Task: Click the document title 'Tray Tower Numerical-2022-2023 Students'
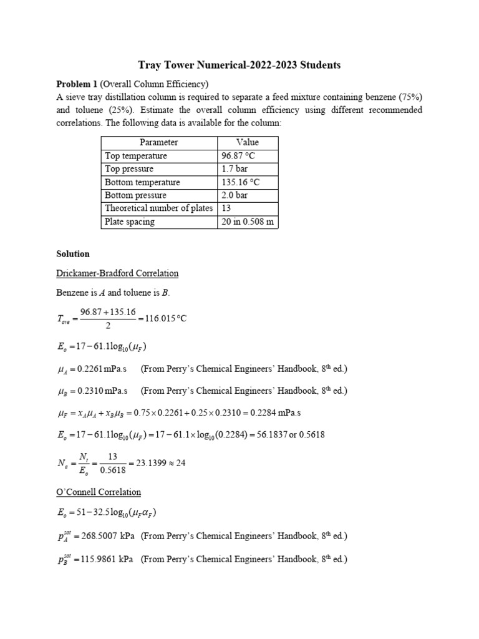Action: [239, 65]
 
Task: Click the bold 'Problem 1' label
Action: [77, 84]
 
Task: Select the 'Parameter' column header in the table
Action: [158, 142]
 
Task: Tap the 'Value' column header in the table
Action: [248, 142]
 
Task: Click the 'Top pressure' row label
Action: [129, 169]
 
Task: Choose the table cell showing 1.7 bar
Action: [231, 169]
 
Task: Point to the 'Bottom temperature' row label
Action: [142, 182]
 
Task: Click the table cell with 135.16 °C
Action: [240, 182]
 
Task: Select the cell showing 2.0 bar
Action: [231, 195]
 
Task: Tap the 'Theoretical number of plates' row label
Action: [158, 208]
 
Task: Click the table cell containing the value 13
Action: [226, 208]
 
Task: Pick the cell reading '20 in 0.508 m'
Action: [247, 222]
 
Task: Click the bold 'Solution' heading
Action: [73, 254]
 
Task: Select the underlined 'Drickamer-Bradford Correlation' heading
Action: [117, 273]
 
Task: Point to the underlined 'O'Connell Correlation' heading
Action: [99, 492]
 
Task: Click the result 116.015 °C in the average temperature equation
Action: [164, 318]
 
